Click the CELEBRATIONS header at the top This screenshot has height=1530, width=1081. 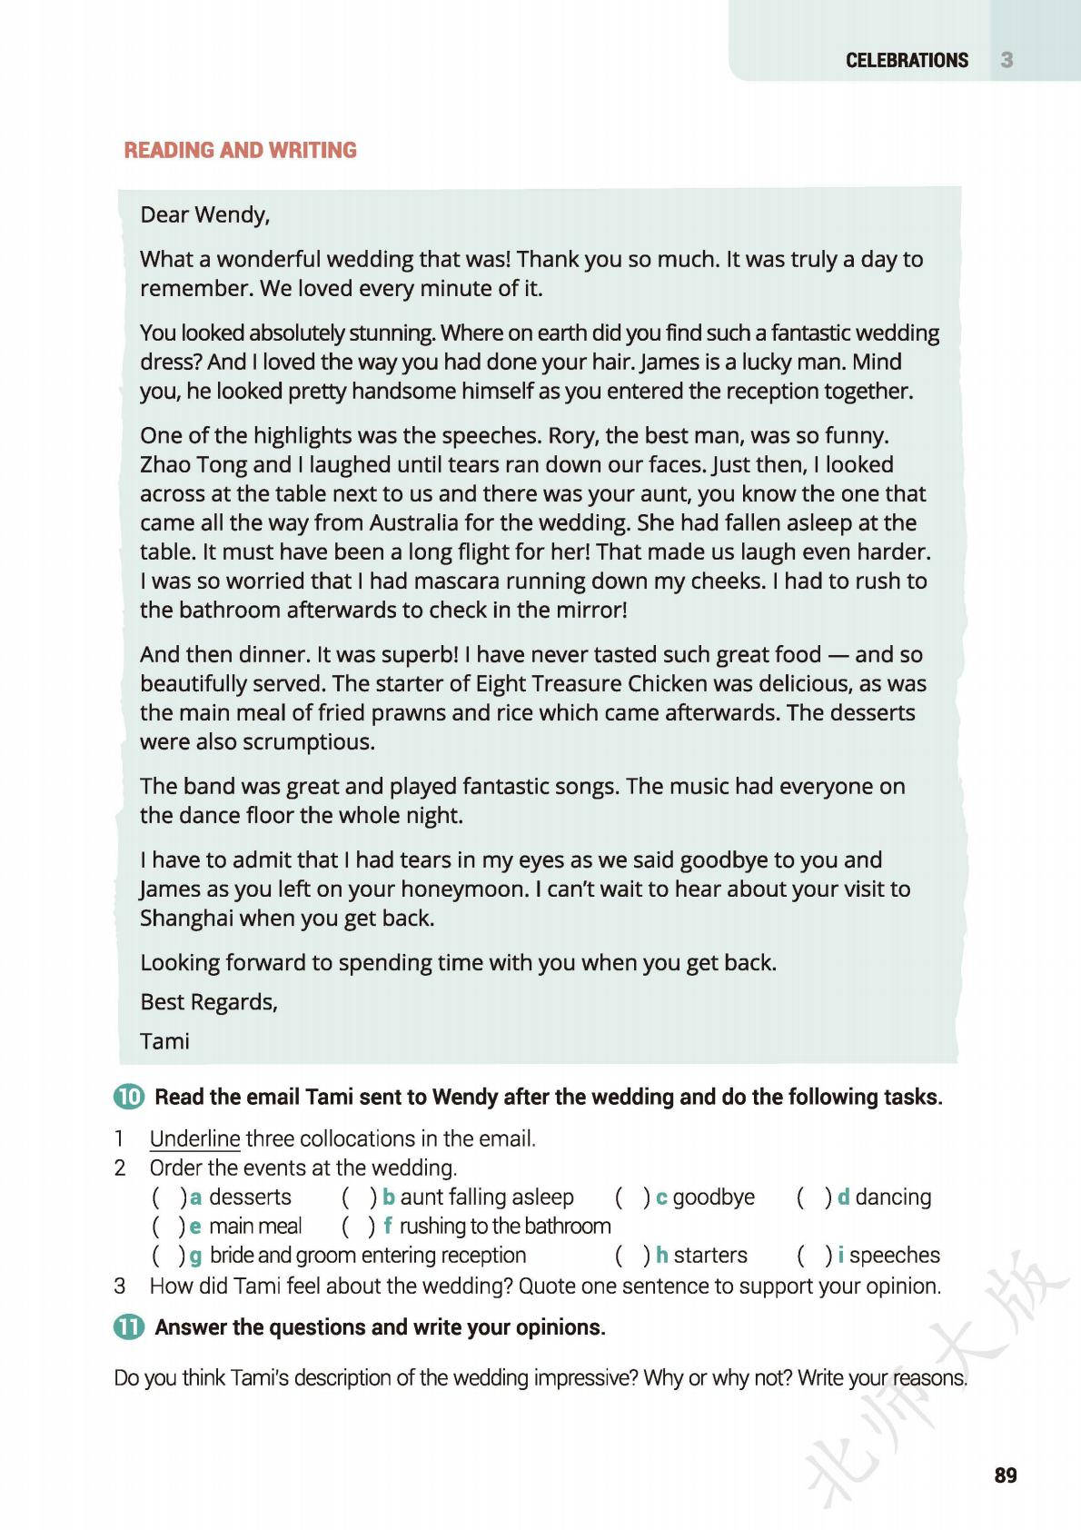[x=907, y=60]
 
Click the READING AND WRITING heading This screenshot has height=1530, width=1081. [x=240, y=150]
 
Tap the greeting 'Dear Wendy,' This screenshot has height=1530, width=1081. [x=204, y=214]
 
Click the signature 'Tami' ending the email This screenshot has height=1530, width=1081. [x=164, y=1040]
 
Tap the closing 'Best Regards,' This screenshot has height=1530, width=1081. [x=209, y=1001]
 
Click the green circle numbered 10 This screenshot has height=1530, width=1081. [x=129, y=1097]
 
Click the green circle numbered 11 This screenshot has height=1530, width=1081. [x=129, y=1326]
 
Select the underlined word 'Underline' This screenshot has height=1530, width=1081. [x=194, y=1138]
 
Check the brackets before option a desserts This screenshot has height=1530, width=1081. [x=169, y=1197]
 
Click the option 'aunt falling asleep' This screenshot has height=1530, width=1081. [x=487, y=1197]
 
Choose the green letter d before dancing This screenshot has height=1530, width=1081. [x=843, y=1197]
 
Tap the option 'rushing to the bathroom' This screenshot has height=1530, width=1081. [x=505, y=1226]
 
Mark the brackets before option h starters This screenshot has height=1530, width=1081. [x=632, y=1255]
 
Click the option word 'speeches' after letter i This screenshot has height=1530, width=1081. [x=895, y=1255]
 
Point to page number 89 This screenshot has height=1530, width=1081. [x=1006, y=1475]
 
